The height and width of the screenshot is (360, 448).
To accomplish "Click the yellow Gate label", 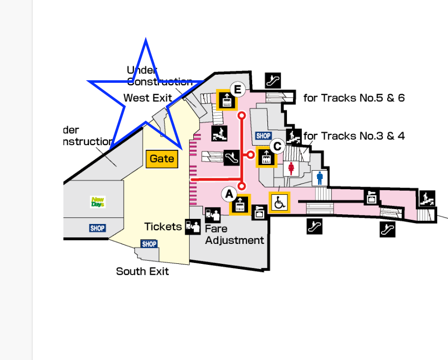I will tap(162, 159).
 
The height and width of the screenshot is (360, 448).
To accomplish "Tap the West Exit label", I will tap(147, 98).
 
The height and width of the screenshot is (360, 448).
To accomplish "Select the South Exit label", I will tap(142, 271).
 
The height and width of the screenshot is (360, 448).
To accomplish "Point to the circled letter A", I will tap(229, 194).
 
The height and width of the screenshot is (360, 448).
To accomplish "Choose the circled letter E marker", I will tap(237, 90).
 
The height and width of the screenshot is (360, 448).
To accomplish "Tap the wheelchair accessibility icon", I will tap(279, 202).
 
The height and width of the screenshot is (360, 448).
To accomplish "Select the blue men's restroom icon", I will tap(320, 178).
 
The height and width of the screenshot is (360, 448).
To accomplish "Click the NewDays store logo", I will tap(97, 202).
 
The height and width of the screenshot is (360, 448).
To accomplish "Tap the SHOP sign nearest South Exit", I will tap(149, 244).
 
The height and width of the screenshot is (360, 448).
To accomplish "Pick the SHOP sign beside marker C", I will tap(263, 136).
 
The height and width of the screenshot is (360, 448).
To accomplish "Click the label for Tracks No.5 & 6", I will tap(354, 98).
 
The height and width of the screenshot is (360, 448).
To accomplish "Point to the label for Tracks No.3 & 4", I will tap(354, 136).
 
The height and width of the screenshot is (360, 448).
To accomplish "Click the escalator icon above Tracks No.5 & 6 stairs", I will tap(273, 80).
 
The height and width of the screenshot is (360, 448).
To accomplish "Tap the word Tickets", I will tap(163, 227).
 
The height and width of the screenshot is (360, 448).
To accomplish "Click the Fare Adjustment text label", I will tap(234, 235).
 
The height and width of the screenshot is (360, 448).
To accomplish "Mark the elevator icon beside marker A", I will tap(240, 205).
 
